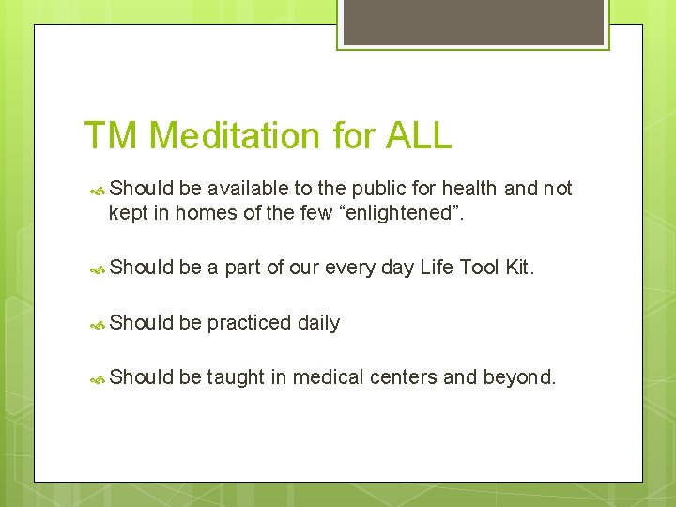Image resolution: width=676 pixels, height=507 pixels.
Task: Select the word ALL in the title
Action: [x=418, y=135]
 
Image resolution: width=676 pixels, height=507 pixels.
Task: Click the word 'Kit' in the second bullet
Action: [x=517, y=268]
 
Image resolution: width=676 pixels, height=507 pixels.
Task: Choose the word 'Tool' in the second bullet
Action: [x=478, y=268]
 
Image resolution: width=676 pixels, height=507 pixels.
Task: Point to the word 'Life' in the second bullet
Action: [x=437, y=268]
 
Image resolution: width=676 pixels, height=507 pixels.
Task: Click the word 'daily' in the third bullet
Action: [x=318, y=323]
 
